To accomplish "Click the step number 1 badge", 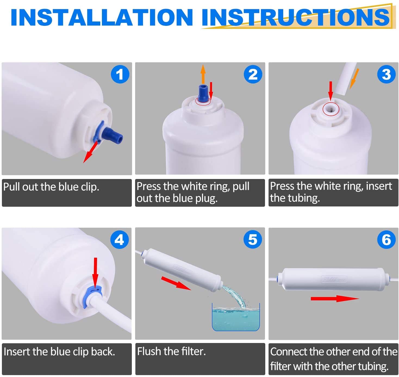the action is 120,74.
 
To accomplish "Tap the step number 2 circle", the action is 253,74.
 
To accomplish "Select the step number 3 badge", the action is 386,74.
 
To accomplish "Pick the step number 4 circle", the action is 120,239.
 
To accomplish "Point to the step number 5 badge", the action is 253,239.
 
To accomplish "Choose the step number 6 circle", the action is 386,239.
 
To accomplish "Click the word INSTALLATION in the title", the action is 102,17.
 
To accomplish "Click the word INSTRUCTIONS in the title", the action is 296,18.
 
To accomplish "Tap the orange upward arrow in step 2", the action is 203,74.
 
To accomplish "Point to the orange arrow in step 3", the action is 354,79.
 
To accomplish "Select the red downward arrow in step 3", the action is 331,91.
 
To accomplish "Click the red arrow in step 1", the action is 91,152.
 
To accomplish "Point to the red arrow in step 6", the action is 335,299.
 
